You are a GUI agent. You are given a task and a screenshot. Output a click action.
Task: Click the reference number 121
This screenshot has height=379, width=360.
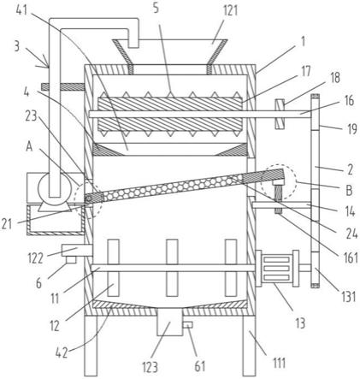tap(230, 11)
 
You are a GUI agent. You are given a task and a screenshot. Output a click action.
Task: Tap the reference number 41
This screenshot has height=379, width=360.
tap(21, 10)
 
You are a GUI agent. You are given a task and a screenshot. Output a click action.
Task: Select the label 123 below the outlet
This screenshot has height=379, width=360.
tap(150, 367)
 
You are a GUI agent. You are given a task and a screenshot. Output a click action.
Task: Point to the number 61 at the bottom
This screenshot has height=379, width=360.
tap(199, 366)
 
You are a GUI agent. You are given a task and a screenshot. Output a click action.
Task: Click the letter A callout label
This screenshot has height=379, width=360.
tap(29, 146)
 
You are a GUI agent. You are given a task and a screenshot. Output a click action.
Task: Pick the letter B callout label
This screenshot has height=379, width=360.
tap(349, 190)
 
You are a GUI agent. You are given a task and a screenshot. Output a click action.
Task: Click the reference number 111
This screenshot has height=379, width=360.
tap(279, 363)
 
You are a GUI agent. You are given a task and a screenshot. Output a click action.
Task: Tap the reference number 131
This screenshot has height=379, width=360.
tap(347, 296)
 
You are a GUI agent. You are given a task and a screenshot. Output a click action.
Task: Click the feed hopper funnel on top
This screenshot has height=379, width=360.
tap(169, 52)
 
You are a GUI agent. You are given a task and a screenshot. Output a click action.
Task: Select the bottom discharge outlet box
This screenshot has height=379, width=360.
tap(170, 322)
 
